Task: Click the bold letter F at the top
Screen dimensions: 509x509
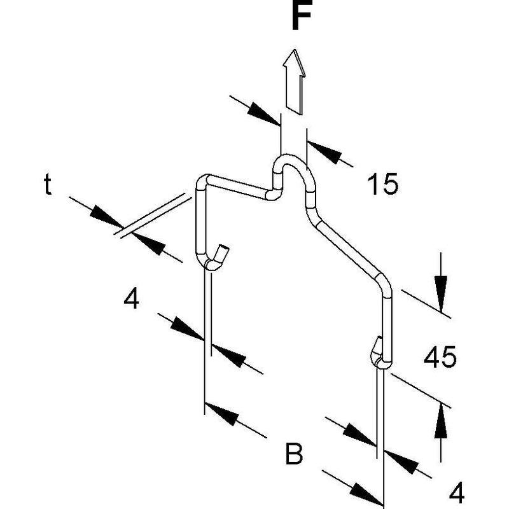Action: click(302, 15)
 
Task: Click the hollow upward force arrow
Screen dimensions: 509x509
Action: click(295, 82)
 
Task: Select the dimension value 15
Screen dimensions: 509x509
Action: click(383, 184)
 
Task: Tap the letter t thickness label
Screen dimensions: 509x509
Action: click(47, 184)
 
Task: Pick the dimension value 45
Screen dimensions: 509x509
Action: click(440, 357)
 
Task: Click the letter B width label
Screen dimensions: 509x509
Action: click(294, 453)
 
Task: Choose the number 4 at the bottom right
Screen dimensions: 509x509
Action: click(457, 492)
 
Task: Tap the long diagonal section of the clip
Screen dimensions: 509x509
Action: click(348, 248)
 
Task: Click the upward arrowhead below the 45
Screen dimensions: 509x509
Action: click(441, 421)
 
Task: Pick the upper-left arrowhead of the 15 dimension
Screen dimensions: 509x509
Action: click(263, 115)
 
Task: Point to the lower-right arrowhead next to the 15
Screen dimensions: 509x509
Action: click(324, 151)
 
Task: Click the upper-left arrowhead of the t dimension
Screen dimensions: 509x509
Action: click(106, 217)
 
